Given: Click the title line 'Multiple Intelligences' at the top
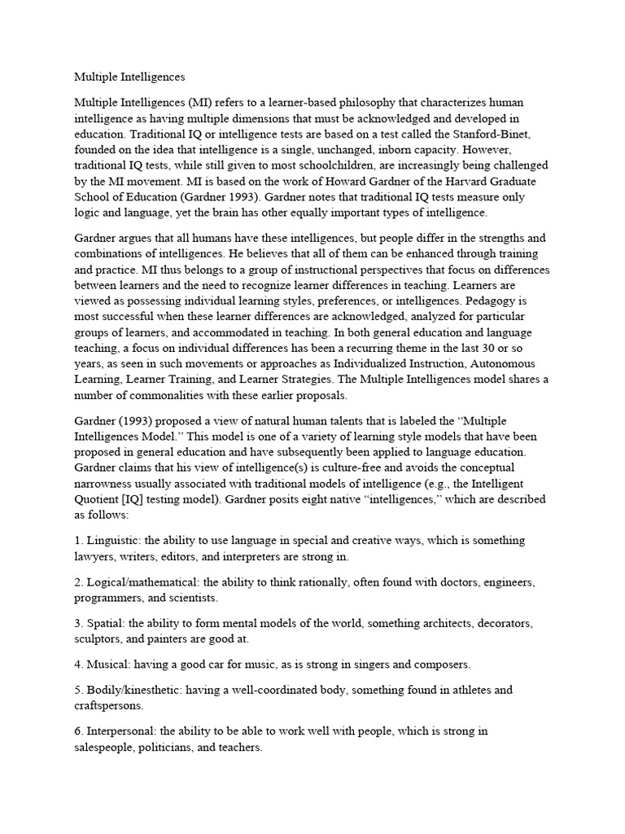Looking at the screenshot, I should coord(130,77).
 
